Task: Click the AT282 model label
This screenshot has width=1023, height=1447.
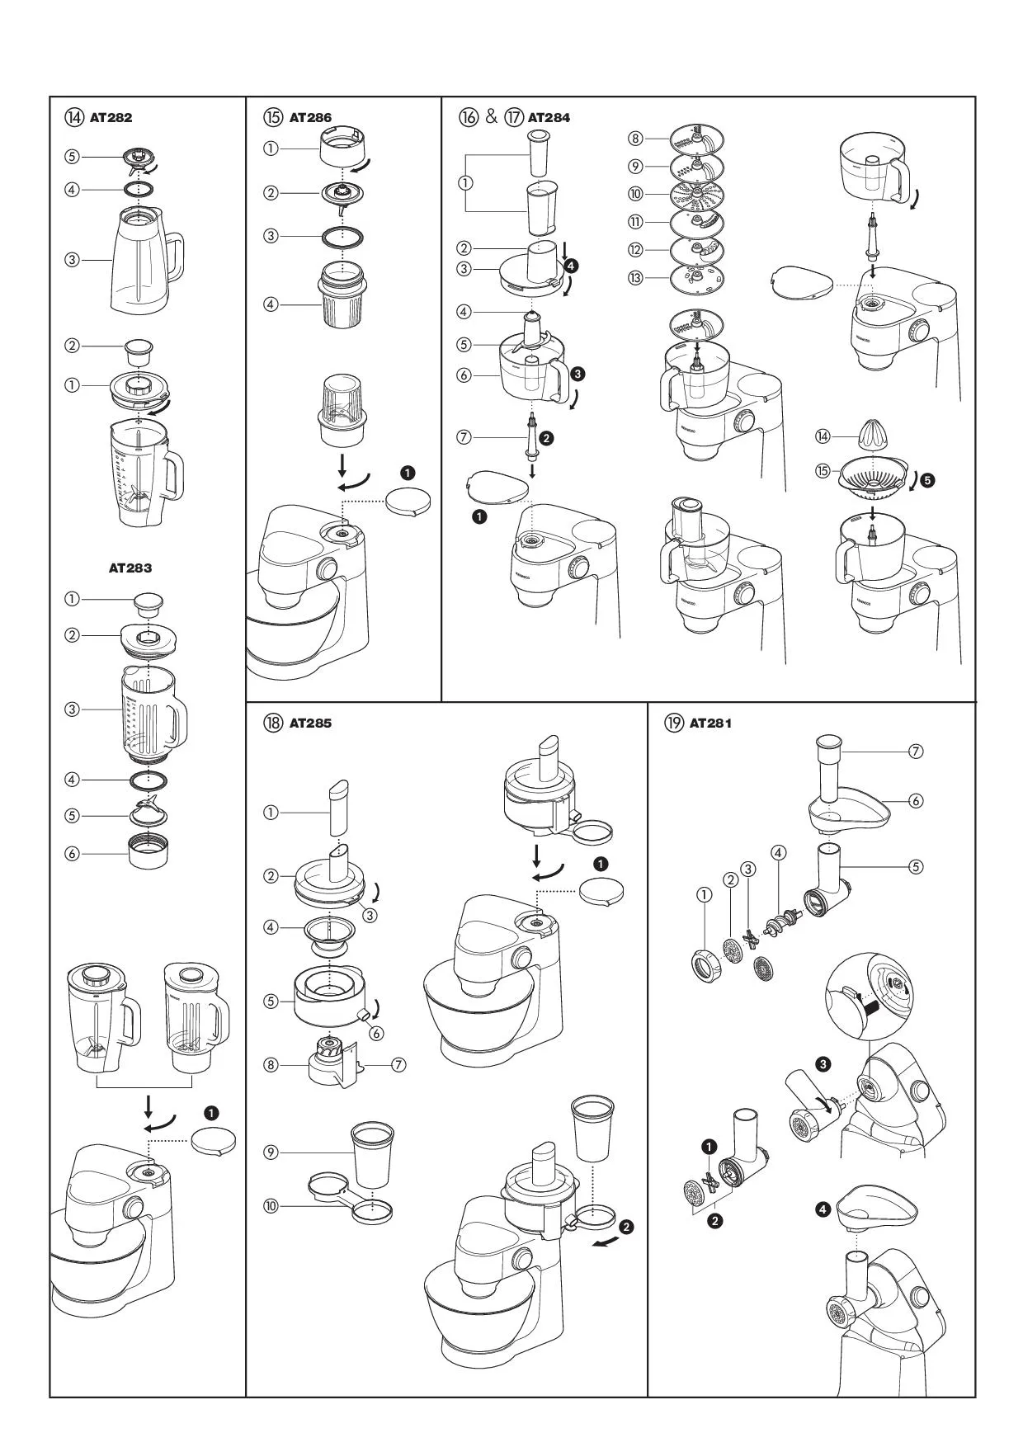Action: coord(111,117)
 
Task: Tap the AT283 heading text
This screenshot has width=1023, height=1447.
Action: coord(130,568)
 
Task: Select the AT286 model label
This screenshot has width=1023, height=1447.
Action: coord(310,117)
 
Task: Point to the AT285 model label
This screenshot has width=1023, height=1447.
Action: coord(310,723)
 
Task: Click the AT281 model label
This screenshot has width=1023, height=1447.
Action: coord(710,723)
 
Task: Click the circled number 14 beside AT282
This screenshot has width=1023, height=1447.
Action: coord(73,117)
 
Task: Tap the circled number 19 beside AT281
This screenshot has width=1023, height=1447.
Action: coord(674,723)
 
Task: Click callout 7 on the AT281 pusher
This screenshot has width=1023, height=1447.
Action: coord(915,751)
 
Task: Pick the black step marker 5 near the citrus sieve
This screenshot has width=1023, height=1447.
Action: coord(928,479)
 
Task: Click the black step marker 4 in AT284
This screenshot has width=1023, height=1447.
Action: coord(572,265)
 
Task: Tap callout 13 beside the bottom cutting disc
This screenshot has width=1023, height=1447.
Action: coord(635,277)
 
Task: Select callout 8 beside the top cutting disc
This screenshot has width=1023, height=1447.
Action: coord(635,139)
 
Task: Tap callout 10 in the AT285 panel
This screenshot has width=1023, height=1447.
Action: coord(271,1206)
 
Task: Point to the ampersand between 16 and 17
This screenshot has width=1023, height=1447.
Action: coord(492,116)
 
